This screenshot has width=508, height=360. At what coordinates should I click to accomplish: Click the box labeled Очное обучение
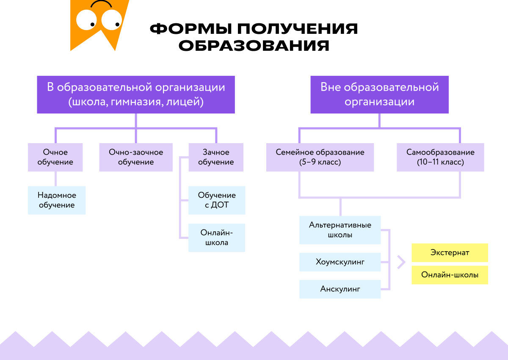[x=55, y=157]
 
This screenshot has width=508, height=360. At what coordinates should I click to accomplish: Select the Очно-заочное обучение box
[x=136, y=157]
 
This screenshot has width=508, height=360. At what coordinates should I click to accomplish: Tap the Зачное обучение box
[x=216, y=157]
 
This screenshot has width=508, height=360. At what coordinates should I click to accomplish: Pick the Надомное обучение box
[x=57, y=200]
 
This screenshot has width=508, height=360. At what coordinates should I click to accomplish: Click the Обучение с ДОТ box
[x=217, y=200]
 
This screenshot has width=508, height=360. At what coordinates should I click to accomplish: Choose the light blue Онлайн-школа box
[x=217, y=238]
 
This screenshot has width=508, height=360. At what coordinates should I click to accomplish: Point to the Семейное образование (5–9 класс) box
[x=320, y=157]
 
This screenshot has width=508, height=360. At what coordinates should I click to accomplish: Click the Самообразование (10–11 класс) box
[x=440, y=157]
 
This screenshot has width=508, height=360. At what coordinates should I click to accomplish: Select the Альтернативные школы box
[x=340, y=230]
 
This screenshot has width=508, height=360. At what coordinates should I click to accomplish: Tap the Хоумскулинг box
[x=340, y=262]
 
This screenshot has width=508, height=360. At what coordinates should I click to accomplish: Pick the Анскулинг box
[x=340, y=289]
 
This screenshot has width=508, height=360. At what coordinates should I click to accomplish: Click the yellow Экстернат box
[x=450, y=253]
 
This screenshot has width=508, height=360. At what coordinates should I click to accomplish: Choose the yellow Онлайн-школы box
[x=450, y=275]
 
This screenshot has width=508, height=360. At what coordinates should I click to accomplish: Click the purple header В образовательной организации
[x=136, y=94]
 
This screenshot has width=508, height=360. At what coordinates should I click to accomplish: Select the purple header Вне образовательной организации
[x=379, y=94]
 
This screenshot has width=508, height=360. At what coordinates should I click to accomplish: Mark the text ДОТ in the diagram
[x=225, y=205]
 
